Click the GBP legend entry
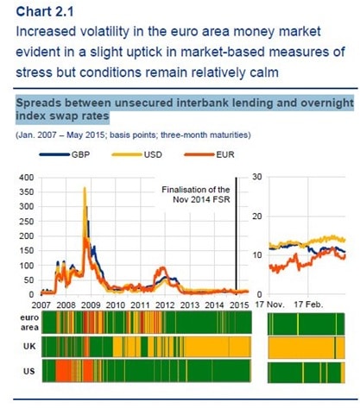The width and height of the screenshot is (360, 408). point(65,154)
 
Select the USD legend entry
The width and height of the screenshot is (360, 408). point(137,154)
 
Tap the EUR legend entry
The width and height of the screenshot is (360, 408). point(210,154)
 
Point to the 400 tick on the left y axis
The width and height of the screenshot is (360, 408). point(27,178)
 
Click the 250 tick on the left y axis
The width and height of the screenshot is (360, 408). point(27,222)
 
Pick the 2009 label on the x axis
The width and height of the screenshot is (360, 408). point(91,304)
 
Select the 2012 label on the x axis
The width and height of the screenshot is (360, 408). point(165,304)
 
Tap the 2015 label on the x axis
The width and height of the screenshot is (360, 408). point(239,304)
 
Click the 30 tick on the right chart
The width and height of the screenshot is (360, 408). point(257,177)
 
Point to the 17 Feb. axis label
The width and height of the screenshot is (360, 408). point(308,304)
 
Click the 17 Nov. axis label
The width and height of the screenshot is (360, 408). point(269,304)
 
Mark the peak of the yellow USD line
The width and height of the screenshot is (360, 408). point(85,187)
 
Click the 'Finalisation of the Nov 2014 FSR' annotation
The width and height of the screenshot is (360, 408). point(196,194)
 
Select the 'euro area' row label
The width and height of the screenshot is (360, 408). point(29,323)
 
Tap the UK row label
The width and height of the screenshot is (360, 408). point(29,346)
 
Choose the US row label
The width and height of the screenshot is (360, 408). point(29,371)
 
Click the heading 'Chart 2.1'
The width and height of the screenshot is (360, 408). point(45,11)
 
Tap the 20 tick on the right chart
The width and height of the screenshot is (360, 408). point(257,217)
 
